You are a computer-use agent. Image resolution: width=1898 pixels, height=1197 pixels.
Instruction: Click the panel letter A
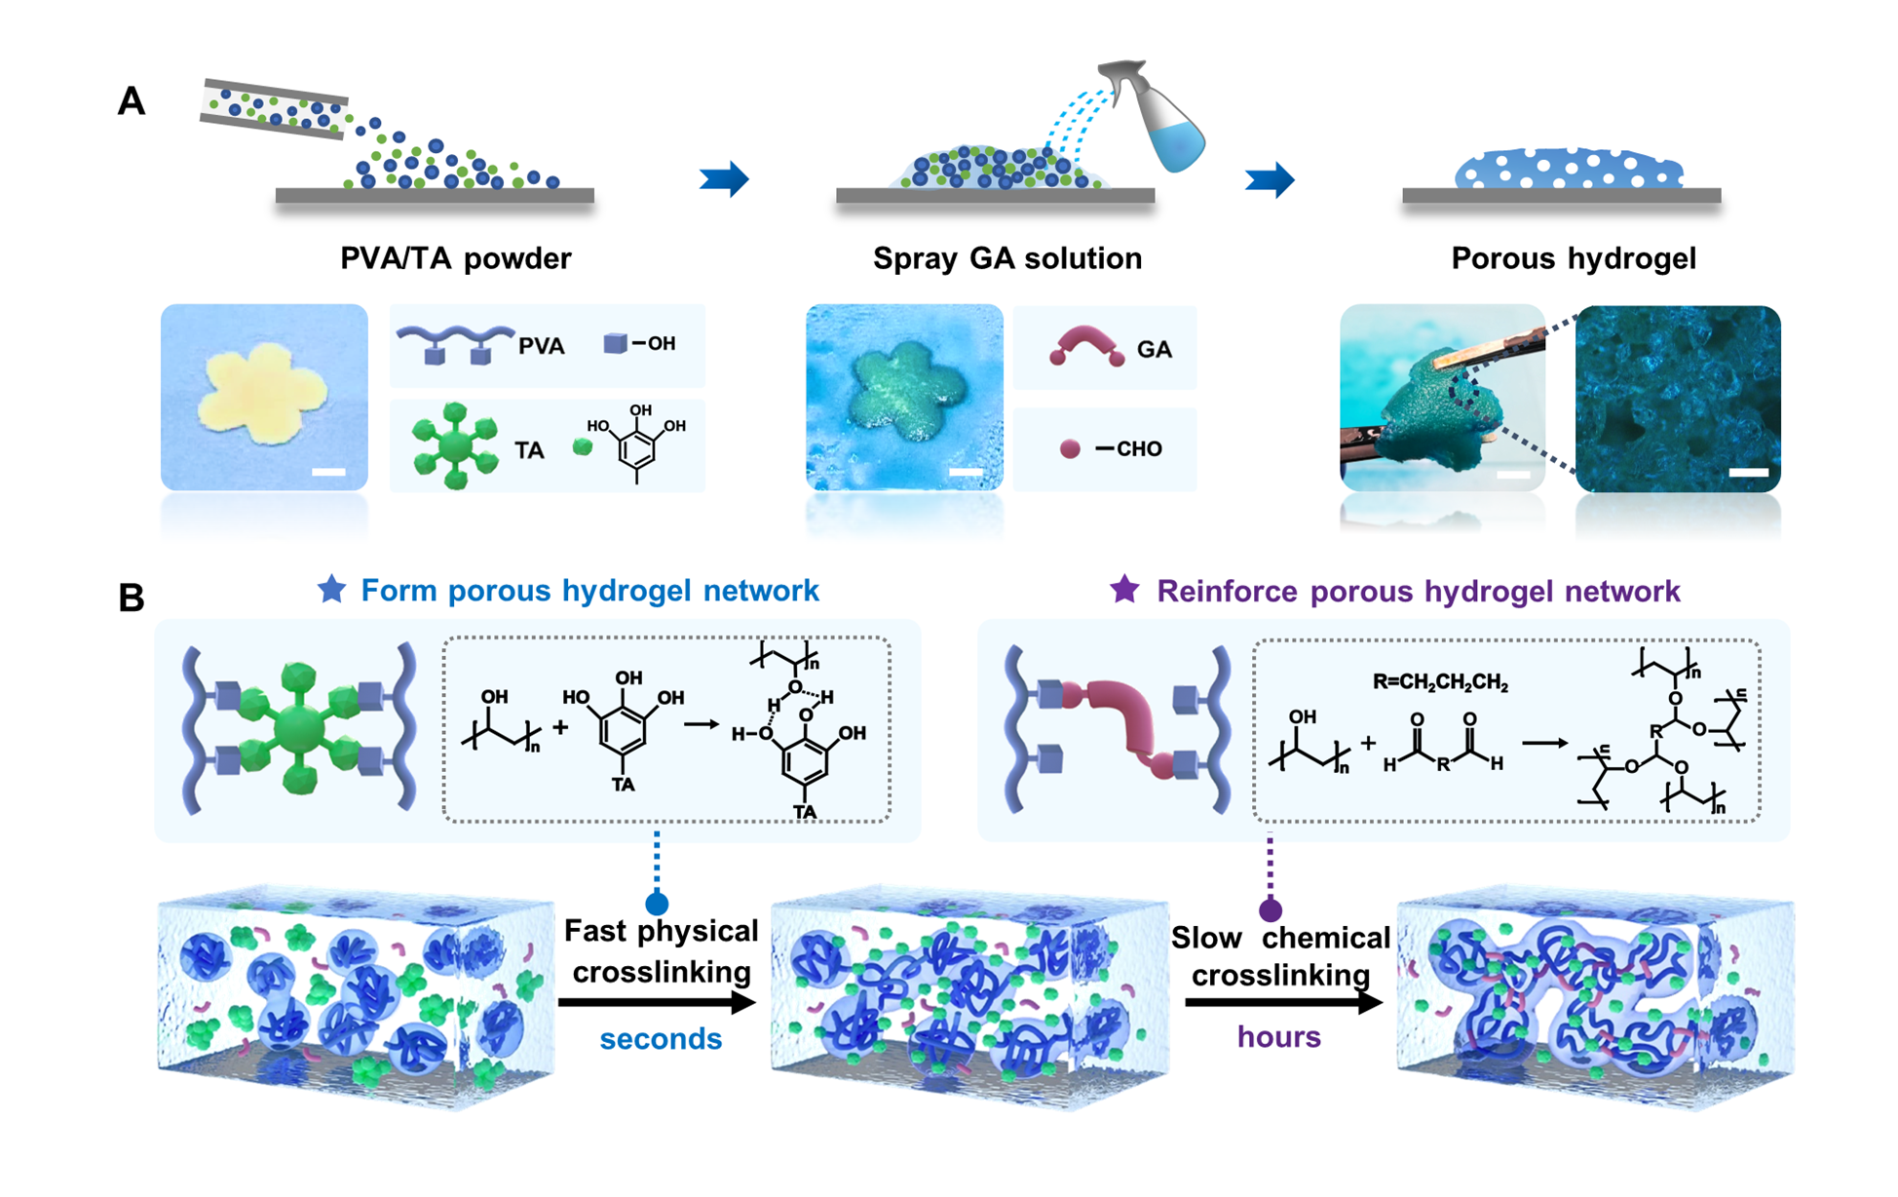tap(132, 102)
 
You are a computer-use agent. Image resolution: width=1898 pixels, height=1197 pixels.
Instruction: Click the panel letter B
tap(132, 598)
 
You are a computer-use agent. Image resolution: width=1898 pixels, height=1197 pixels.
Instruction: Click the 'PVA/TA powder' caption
tap(455, 258)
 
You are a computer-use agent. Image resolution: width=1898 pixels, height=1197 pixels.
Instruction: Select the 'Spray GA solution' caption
tap(1006, 258)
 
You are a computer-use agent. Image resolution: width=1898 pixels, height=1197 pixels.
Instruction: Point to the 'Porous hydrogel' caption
tap(1573, 258)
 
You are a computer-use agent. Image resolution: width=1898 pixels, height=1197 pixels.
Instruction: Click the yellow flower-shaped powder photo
tap(263, 395)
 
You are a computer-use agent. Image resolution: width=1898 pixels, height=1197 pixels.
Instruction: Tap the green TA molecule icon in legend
tap(454, 445)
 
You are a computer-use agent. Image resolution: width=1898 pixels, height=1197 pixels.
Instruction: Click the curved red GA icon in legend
tap(1086, 347)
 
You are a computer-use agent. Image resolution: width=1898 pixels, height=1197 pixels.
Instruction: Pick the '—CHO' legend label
tap(1128, 449)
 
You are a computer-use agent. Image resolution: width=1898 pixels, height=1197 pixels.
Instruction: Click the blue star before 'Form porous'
tap(332, 589)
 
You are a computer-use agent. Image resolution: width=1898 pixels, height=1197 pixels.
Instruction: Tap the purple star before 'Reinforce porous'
tap(1125, 589)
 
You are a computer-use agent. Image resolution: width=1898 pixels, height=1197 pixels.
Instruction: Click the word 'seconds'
tap(661, 1039)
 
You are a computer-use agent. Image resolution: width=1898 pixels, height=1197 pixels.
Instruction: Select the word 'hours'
tap(1278, 1037)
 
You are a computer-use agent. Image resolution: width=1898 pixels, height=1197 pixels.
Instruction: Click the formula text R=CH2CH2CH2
tap(1440, 682)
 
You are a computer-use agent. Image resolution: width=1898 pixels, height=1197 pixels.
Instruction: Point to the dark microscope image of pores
tap(1678, 398)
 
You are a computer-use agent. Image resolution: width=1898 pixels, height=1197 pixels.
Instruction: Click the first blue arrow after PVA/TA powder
tap(724, 179)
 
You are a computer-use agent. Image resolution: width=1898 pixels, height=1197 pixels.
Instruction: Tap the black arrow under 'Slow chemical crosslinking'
tap(1282, 1002)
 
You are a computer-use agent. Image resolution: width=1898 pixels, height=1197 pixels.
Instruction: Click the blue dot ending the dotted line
tap(657, 903)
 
